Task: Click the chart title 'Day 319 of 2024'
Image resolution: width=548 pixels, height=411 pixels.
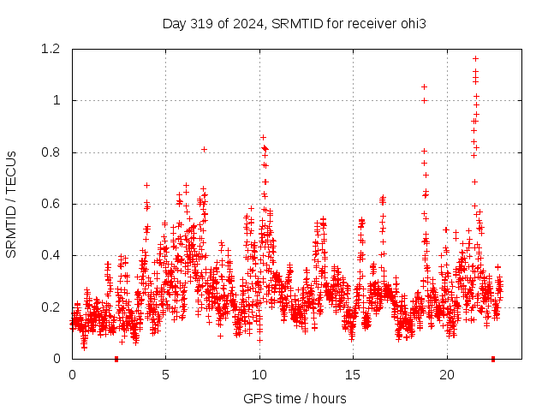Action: click(x=214, y=23)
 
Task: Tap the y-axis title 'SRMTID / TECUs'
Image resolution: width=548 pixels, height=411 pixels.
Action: click(x=11, y=205)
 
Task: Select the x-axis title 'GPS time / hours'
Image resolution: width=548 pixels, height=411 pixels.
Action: click(x=295, y=398)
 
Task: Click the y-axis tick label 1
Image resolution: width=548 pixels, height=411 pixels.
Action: click(x=57, y=101)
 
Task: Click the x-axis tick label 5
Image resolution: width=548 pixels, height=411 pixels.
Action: click(x=165, y=375)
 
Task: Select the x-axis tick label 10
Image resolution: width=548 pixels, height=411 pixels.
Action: click(x=259, y=375)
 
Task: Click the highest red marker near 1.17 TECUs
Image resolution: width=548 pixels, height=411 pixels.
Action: click(x=475, y=59)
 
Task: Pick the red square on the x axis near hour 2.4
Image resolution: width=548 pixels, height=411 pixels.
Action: click(x=116, y=359)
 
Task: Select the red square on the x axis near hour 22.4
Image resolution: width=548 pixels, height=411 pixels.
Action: click(x=492, y=359)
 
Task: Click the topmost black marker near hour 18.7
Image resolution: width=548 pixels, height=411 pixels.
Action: click(x=424, y=86)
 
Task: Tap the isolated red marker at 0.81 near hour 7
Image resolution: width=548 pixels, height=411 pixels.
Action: click(x=204, y=149)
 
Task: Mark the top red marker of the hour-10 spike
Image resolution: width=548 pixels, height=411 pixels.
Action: click(x=263, y=137)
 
